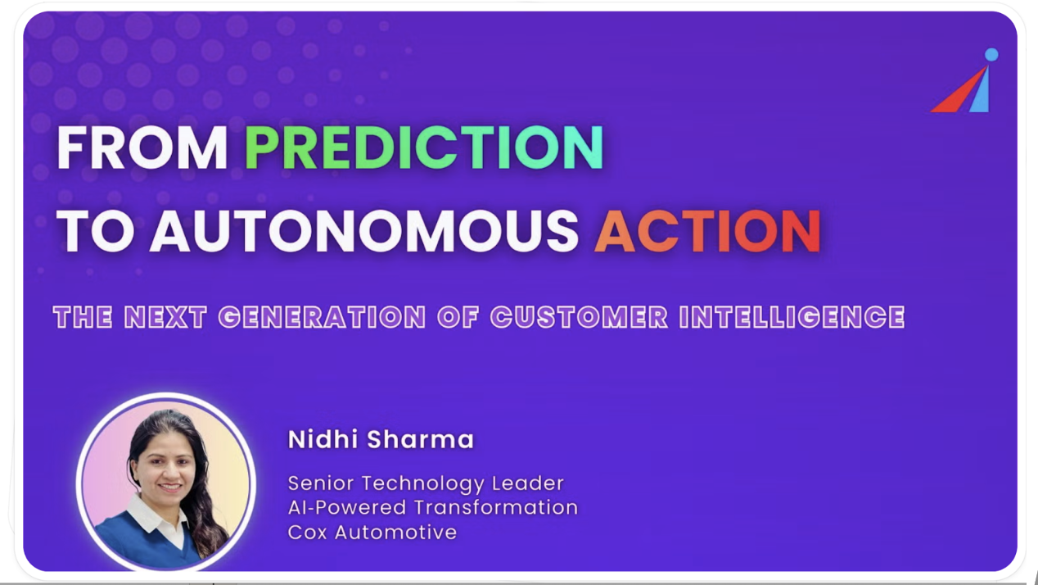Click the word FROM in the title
click(x=142, y=148)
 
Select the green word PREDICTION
click(x=424, y=148)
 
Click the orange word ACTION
click(x=708, y=230)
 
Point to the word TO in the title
click(x=96, y=230)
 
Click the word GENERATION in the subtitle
click(x=322, y=317)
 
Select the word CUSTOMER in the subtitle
click(x=580, y=317)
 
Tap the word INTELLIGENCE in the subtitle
click(x=792, y=317)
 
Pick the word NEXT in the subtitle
click(x=165, y=317)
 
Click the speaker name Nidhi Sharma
click(x=381, y=439)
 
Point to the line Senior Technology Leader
click(x=426, y=483)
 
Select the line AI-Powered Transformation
click(x=433, y=507)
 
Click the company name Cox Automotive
click(x=372, y=532)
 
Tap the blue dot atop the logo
click(x=991, y=54)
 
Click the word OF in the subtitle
click(x=458, y=317)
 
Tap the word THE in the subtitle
click(x=83, y=317)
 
